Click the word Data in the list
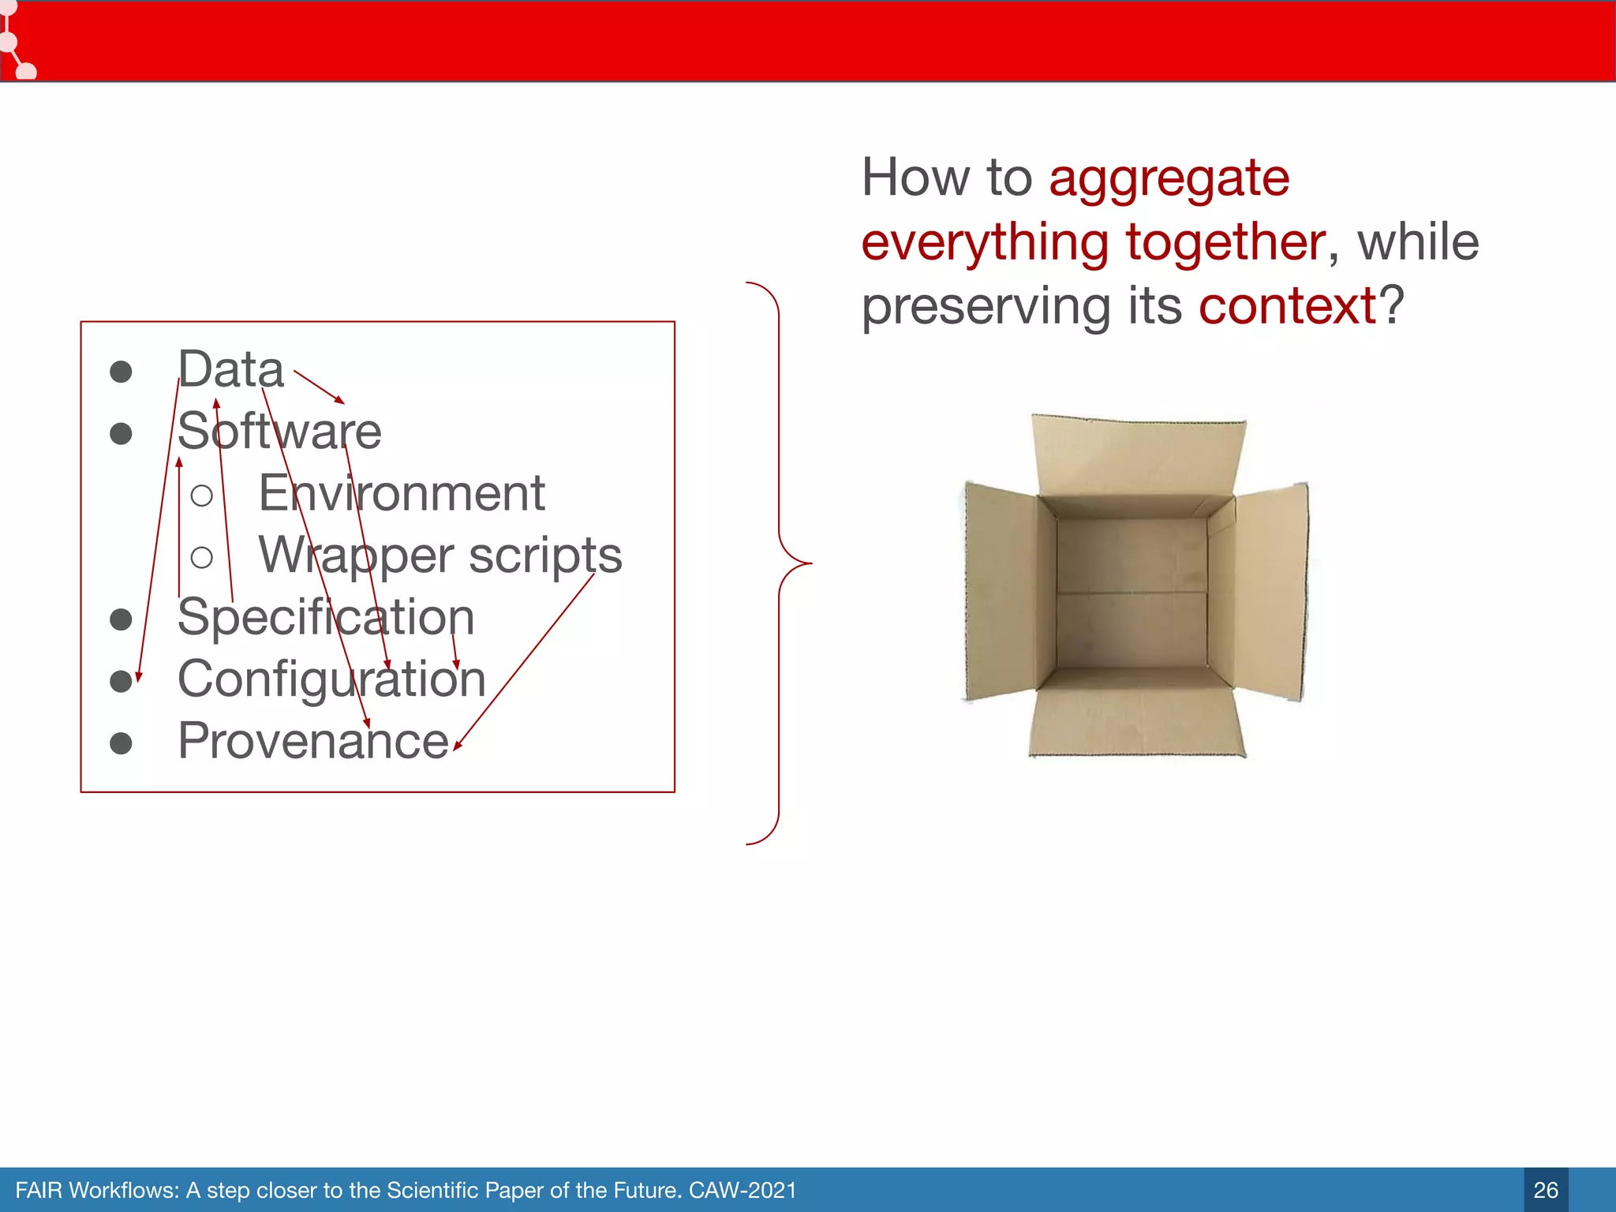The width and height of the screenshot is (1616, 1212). click(230, 369)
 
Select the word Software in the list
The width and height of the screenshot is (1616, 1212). click(279, 432)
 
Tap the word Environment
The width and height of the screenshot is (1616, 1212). click(402, 494)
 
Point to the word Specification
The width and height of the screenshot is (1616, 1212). click(326, 617)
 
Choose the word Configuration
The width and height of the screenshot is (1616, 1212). click(331, 679)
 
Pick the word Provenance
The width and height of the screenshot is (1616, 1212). click(313, 742)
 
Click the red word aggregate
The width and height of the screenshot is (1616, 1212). click(1169, 178)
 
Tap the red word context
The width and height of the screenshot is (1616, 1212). click(1287, 306)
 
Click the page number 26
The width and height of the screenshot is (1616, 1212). click(1545, 1190)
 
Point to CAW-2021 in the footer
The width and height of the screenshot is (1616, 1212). click(743, 1190)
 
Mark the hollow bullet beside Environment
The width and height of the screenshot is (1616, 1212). click(202, 496)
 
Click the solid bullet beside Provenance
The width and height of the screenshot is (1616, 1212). click(121, 743)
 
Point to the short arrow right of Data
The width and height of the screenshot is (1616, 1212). click(319, 387)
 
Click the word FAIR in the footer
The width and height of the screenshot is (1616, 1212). click(38, 1190)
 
